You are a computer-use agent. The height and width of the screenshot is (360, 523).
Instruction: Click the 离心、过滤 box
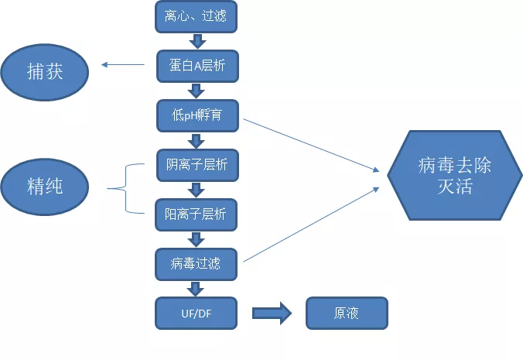[x=196, y=16]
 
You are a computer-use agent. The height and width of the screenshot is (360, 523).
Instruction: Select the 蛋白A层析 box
[x=196, y=66]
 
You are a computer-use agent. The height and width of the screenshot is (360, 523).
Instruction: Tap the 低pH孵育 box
[x=196, y=116]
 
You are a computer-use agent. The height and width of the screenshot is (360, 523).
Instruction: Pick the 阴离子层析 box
[x=196, y=165]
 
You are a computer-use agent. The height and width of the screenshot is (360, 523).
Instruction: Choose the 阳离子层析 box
[x=196, y=214]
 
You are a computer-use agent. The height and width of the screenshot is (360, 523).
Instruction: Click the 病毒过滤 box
[x=196, y=264]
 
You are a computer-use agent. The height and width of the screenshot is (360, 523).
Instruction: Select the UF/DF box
[x=196, y=314]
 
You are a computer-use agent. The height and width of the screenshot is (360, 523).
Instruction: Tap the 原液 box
[x=346, y=314]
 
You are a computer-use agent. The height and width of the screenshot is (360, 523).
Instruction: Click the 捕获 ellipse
[x=45, y=72]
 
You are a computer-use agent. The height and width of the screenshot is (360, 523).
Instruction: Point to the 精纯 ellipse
[x=45, y=187]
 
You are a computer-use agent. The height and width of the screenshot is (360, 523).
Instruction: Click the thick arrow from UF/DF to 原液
[x=272, y=314]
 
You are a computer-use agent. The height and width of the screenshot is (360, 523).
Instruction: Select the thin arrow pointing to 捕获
[x=123, y=65]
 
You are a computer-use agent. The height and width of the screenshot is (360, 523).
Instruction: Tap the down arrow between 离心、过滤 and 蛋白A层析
[x=196, y=41]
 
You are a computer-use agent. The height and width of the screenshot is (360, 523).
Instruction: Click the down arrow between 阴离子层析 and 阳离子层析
[x=196, y=190]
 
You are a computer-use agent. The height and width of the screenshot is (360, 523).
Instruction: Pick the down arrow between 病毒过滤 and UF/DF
[x=196, y=289]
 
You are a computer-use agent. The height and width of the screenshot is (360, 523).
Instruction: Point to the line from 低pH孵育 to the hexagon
[x=309, y=144]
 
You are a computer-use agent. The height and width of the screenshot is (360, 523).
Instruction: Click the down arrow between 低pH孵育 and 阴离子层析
[x=196, y=141]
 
